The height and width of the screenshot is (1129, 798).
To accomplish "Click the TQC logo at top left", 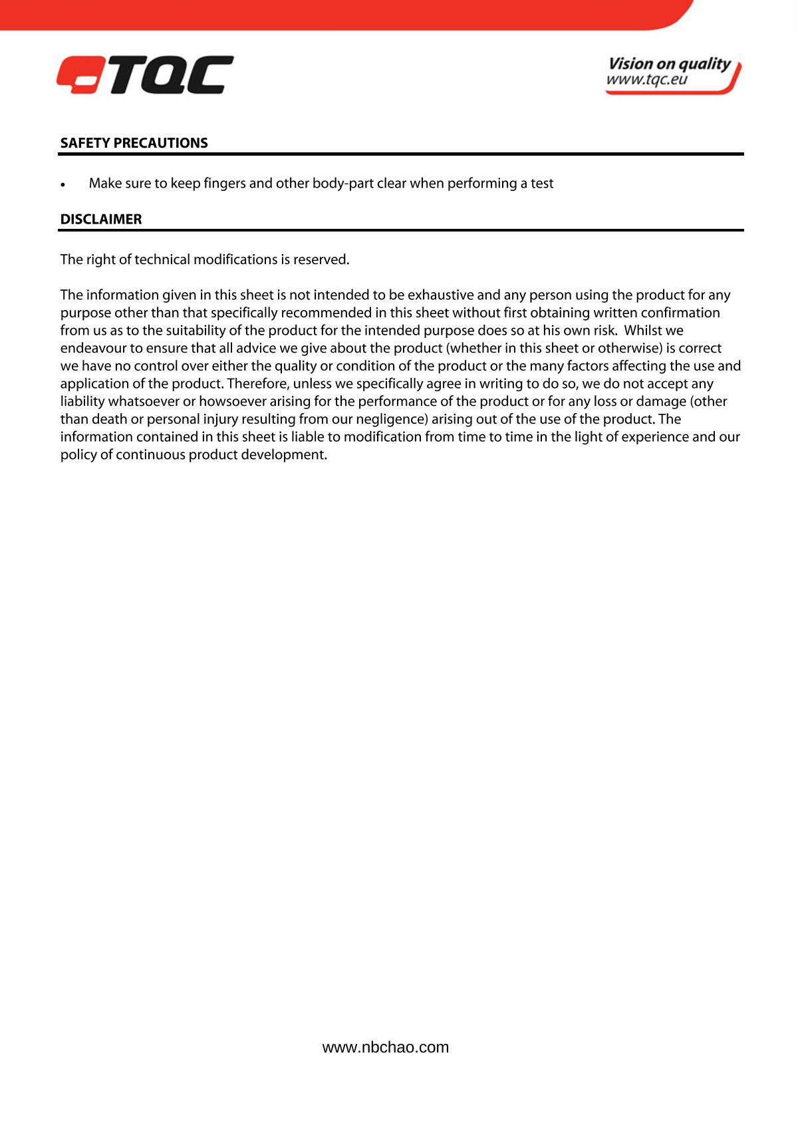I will (145, 75).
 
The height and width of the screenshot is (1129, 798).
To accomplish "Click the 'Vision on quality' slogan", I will (669, 64).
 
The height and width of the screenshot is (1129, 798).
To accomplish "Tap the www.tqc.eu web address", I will (646, 81).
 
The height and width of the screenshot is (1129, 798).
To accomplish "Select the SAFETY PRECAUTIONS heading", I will (134, 143).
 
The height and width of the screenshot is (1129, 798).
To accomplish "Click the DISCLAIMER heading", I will (101, 220).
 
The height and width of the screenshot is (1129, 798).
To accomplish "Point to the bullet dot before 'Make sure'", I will (63, 184).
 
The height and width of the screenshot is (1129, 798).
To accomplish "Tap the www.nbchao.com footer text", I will (386, 1047).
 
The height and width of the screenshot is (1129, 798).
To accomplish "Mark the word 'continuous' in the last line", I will (150, 455).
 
